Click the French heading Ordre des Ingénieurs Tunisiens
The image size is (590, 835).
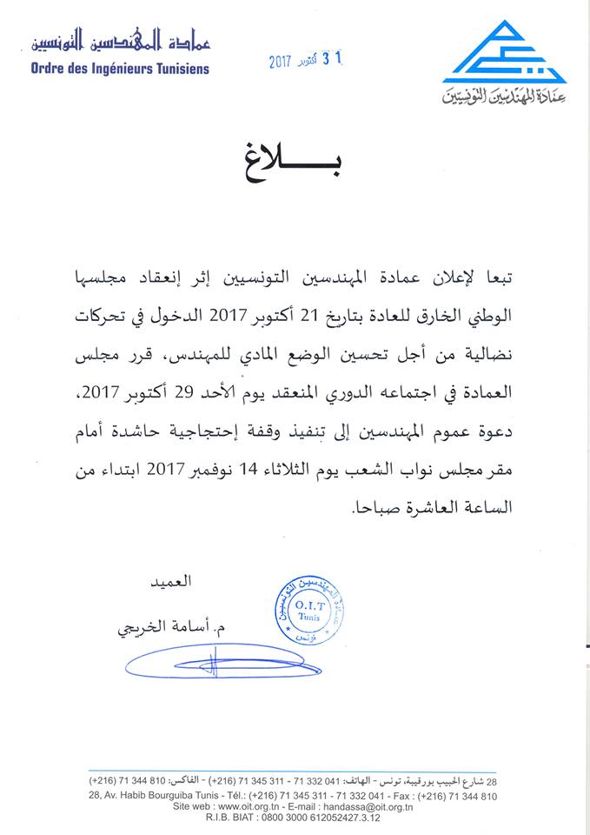119,68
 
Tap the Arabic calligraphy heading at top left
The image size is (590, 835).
121,40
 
